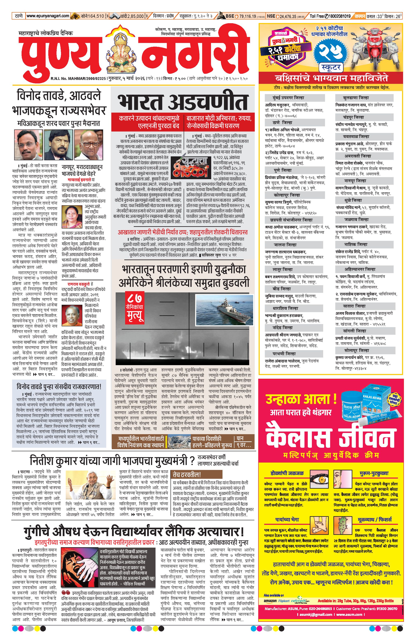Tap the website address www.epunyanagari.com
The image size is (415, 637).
48,16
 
